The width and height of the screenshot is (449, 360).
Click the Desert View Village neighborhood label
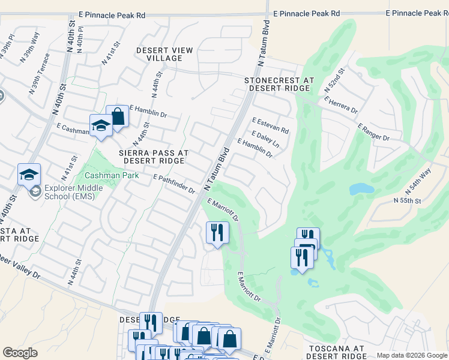tap(159, 54)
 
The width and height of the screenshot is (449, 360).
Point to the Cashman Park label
tap(112, 176)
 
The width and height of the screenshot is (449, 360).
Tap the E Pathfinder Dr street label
tap(175, 184)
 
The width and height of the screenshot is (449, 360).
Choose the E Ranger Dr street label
tap(373, 133)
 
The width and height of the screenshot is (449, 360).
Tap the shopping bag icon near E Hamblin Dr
tap(118, 117)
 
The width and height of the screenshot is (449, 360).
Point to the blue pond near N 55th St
tap(362, 189)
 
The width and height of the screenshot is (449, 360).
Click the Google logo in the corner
tap(20, 353)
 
